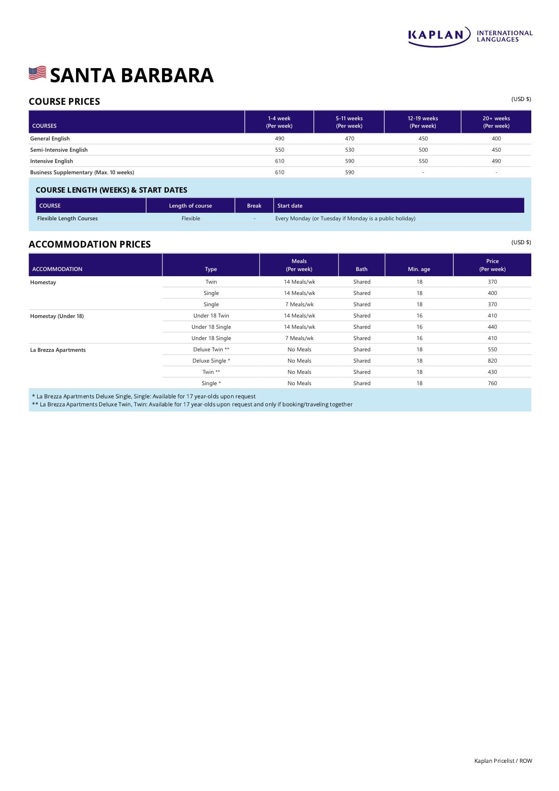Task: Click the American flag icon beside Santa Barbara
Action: coord(38,73)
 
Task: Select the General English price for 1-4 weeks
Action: coord(279,139)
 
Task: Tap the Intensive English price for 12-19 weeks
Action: coord(423,161)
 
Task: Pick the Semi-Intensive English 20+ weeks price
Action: coord(496,150)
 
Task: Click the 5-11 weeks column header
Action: coord(349,122)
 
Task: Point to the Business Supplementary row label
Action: coord(82,172)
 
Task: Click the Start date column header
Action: coord(290,206)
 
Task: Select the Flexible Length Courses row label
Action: coord(68,218)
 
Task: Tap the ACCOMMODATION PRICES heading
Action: coord(90,244)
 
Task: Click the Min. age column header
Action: coord(419,269)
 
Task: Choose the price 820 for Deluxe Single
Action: coord(492,361)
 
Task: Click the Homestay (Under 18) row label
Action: coord(57,316)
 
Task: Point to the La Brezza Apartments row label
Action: coord(58,350)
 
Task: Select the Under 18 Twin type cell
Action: coord(211,316)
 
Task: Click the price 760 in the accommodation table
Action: coord(492,383)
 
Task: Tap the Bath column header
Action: coord(362,269)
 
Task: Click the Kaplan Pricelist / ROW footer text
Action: coord(503,761)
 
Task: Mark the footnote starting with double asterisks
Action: coord(192,404)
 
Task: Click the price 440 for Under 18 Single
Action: coord(492,327)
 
